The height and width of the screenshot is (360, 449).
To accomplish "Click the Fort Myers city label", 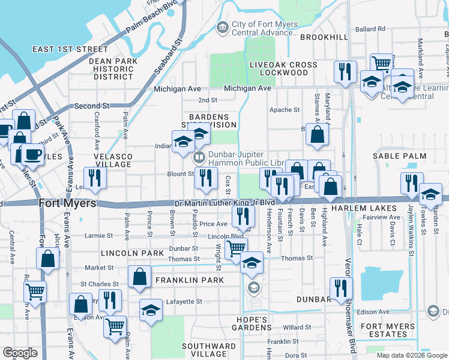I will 67,203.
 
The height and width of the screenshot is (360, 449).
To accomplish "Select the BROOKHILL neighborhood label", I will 324,37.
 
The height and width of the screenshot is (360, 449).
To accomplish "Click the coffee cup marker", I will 32,155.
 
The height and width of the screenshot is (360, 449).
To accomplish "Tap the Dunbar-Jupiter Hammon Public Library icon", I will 199,158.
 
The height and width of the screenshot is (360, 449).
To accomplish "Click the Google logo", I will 20,353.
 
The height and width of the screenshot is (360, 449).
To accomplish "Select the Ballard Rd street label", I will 369,29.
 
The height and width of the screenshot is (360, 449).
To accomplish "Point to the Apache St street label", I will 284,110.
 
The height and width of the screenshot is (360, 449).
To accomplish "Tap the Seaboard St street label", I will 168,58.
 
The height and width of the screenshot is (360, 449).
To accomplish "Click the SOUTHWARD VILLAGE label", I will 209,350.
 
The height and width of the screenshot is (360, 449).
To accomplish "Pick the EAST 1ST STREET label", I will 70,49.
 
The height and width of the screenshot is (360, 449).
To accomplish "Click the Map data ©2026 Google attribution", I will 411,355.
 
